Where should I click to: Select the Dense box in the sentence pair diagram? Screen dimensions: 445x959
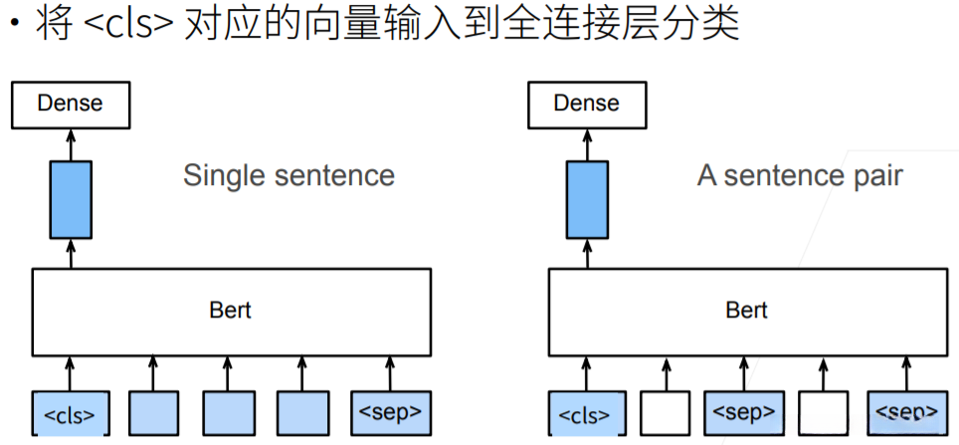586,104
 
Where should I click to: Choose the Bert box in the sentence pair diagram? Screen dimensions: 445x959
746,311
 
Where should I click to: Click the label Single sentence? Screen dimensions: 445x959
288,176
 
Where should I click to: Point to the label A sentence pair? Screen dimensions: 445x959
800,176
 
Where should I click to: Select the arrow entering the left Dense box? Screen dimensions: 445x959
70,143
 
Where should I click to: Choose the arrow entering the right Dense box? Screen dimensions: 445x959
587,143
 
